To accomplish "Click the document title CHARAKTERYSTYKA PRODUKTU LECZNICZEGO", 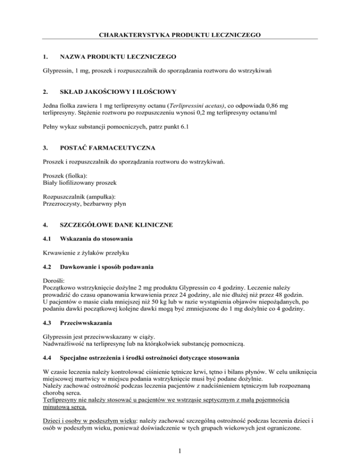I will (180, 34).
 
